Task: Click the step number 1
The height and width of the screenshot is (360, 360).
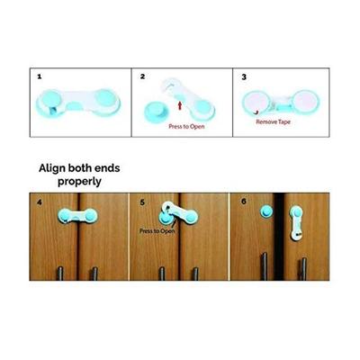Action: pos(39,77)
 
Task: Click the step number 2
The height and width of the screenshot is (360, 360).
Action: pos(142,77)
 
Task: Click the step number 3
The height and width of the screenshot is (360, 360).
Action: pos(244,77)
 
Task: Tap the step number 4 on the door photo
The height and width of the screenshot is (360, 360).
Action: pos(39,201)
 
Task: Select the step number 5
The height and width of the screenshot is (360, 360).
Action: pos(142,201)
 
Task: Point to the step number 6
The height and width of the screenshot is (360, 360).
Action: pos(244,201)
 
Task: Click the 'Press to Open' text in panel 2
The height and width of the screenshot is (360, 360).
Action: pos(187,126)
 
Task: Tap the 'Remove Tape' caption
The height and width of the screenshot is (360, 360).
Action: pos(272,120)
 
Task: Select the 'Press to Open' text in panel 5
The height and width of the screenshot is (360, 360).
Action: pos(157,231)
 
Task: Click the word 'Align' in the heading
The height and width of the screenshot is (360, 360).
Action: pos(55,167)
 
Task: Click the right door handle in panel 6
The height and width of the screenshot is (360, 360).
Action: pos(303,269)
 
